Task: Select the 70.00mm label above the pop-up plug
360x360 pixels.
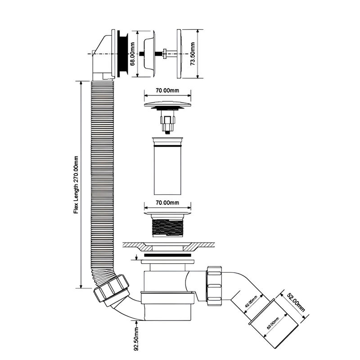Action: click(167, 90)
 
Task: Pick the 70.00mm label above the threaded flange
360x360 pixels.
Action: click(167, 203)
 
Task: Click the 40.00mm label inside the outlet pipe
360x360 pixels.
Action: click(252, 302)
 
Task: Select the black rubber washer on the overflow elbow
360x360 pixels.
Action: click(121, 54)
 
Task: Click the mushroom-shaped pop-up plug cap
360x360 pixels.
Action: click(167, 104)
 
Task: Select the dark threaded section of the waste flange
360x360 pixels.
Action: click(167, 227)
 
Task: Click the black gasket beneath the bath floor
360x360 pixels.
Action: click(167, 255)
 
